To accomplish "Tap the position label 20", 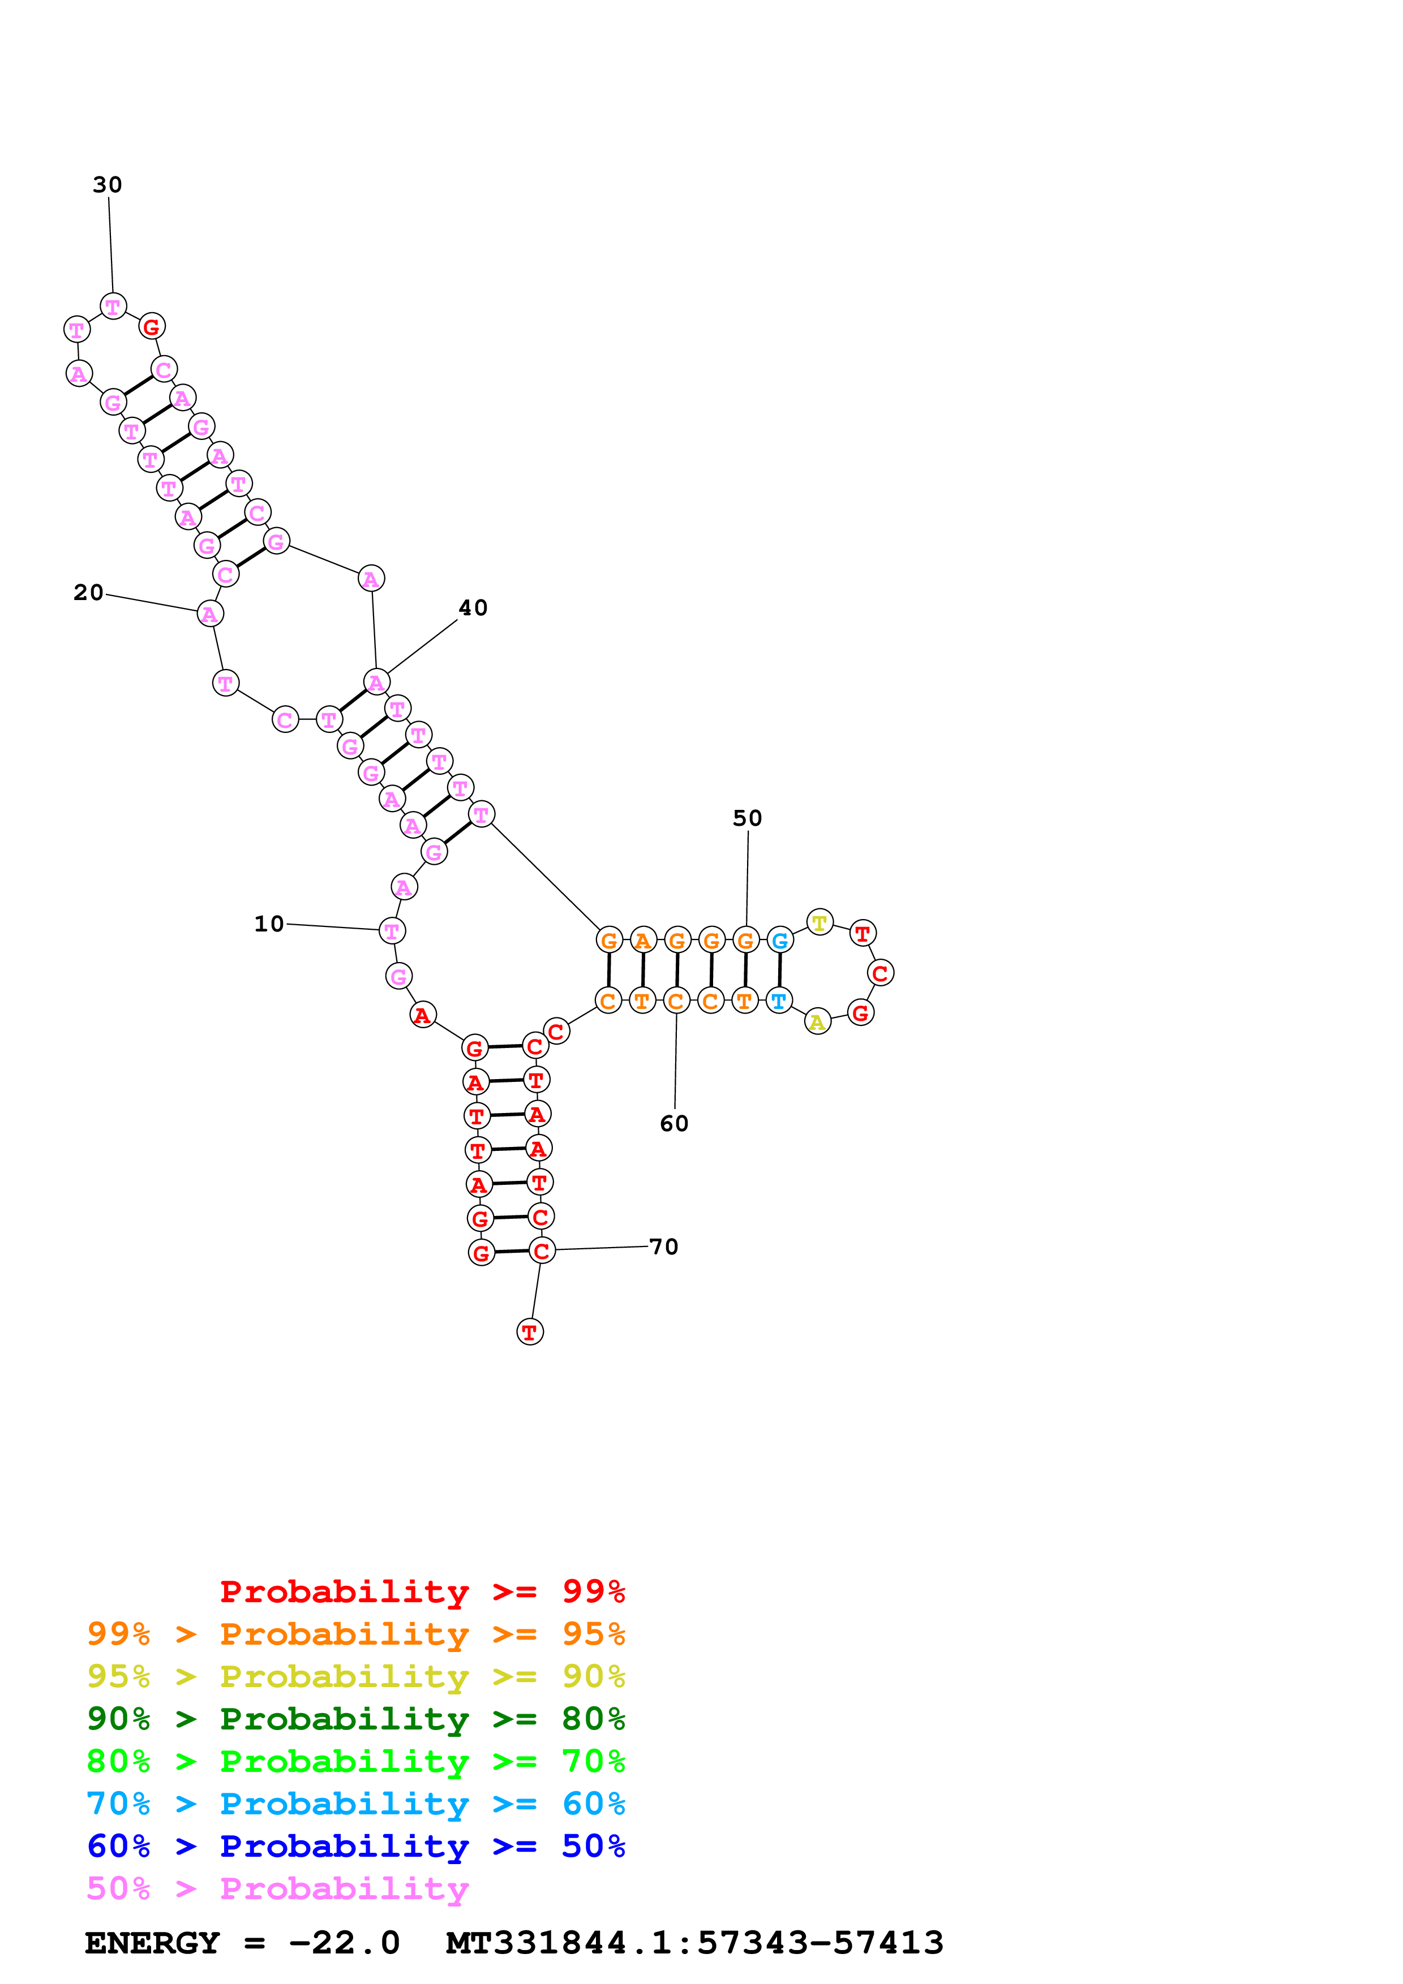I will click(x=88, y=593).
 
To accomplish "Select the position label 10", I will click(x=269, y=924).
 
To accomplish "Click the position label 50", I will click(x=748, y=818).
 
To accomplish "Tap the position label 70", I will click(x=664, y=1247).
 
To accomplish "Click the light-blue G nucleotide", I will click(x=780, y=940).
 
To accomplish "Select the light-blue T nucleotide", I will click(x=779, y=1000).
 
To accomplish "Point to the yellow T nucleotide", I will click(x=820, y=922).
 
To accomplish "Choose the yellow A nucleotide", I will click(x=817, y=1022).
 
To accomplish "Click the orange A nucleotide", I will click(x=642, y=940).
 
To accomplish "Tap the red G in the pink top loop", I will click(x=151, y=327).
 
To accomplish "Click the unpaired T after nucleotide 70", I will click(x=530, y=1331).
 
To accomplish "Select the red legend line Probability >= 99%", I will click(x=423, y=1591).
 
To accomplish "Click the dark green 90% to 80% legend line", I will click(x=356, y=1719).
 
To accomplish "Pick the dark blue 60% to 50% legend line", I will click(x=356, y=1846).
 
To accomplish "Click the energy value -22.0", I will click(x=344, y=1943).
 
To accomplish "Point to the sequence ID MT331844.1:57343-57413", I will click(x=694, y=1943).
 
